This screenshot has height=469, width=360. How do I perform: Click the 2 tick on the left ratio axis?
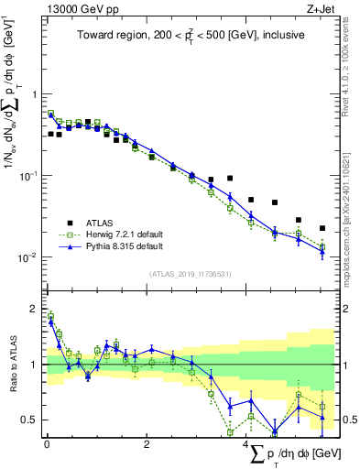[35, 309]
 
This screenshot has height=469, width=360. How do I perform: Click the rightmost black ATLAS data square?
[322, 228]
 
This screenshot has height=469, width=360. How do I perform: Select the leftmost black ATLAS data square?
[50, 134]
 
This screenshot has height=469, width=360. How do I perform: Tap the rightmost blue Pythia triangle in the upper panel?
[322, 252]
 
